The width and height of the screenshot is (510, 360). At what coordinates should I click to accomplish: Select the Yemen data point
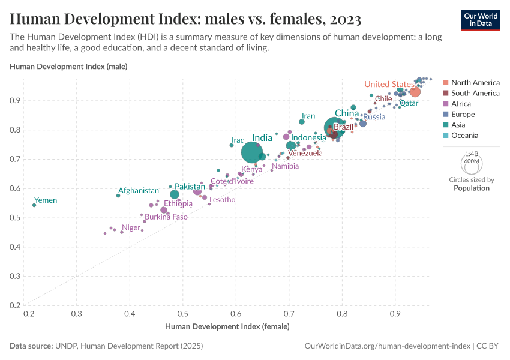34,205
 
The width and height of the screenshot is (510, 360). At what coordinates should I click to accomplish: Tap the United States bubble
415,92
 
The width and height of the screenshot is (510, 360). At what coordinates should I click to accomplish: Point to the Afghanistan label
139,190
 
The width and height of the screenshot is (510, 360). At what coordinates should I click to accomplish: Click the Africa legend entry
462,104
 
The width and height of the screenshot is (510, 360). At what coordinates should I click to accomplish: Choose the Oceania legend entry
466,136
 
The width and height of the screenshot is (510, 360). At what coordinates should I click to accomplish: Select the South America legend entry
475,93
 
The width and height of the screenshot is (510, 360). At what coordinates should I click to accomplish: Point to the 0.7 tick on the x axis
289,313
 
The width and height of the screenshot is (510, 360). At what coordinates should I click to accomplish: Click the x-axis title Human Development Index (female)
227,327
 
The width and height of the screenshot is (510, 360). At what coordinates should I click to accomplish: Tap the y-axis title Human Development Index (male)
68,66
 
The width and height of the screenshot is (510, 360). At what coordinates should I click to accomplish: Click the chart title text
185,19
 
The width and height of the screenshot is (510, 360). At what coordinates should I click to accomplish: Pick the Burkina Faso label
166,217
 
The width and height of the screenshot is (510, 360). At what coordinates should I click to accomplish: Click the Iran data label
308,116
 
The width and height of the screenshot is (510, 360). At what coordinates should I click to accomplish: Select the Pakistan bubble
175,194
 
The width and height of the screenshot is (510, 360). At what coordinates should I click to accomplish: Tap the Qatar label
409,103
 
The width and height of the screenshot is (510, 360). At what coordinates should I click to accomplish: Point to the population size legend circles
472,162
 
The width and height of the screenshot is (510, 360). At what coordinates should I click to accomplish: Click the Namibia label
285,166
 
